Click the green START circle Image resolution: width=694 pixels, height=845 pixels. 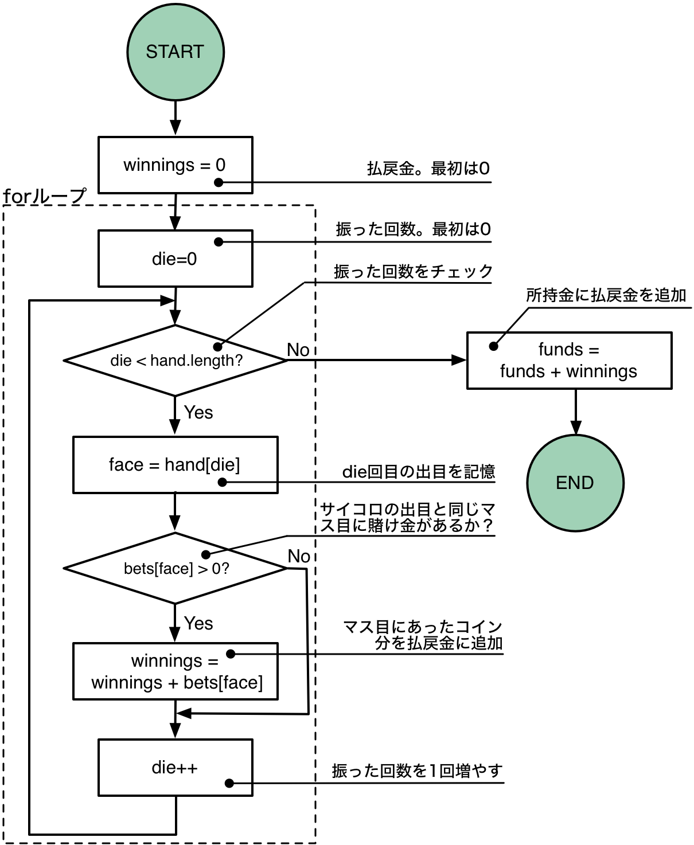(x=175, y=52)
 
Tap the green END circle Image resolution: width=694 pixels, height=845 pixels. (x=575, y=483)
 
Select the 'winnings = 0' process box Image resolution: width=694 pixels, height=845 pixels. (x=175, y=165)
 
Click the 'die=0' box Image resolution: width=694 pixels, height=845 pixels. (x=175, y=259)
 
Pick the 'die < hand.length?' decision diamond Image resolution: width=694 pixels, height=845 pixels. (x=175, y=361)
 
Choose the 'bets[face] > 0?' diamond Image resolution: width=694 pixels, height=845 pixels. (x=175, y=568)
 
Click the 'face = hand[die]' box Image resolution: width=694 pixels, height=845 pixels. (x=175, y=464)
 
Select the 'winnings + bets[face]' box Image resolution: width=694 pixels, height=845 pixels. (x=175, y=671)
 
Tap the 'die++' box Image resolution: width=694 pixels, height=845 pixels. (x=175, y=768)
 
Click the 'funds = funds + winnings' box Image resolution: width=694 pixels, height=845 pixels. (x=569, y=361)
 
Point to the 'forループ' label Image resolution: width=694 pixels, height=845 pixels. (x=45, y=197)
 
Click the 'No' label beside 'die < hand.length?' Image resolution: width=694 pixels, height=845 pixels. (x=298, y=350)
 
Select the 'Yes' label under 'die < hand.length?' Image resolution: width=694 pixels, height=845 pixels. (x=198, y=412)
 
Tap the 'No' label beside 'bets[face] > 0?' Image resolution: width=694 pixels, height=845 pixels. (x=299, y=556)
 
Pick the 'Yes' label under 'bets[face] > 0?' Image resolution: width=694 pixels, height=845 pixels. (x=198, y=623)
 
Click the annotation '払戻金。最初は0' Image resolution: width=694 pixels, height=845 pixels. (x=428, y=169)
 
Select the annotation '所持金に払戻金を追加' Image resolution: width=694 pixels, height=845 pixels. (x=606, y=295)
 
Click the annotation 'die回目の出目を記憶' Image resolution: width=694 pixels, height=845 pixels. (x=418, y=472)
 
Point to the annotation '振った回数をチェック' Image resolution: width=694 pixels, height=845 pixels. (x=413, y=271)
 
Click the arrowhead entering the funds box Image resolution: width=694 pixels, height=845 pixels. (x=459, y=360)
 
